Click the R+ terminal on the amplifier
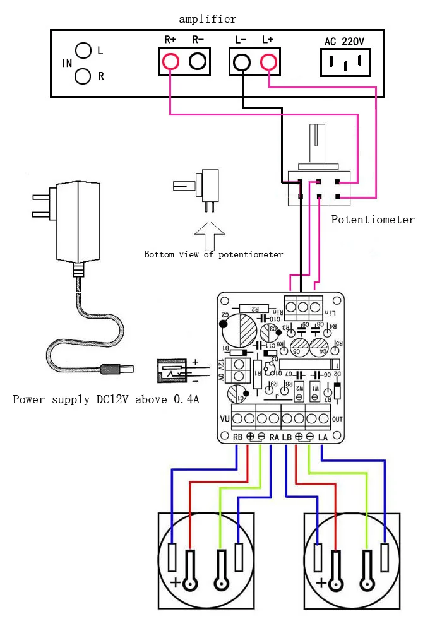pyautogui.click(x=170, y=62)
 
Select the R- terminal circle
pyautogui.click(x=198, y=62)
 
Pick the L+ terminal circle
pyautogui.click(x=269, y=62)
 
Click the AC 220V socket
pyautogui.click(x=345, y=62)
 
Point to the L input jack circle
pyautogui.click(x=83, y=50)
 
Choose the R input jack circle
pyautogui.click(x=83, y=76)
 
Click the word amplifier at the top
pyautogui.click(x=208, y=19)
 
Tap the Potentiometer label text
pyautogui.click(x=373, y=220)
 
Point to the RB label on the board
pyautogui.click(x=237, y=437)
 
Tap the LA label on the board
pyautogui.click(x=323, y=437)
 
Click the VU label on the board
pyautogui.click(x=224, y=418)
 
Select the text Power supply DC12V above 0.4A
pyautogui.click(x=106, y=399)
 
